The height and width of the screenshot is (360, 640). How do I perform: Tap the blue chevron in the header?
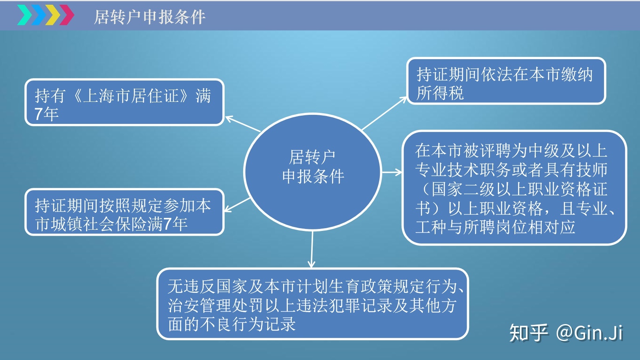pos(39,15)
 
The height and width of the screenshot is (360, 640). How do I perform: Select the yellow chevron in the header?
pos(53,15)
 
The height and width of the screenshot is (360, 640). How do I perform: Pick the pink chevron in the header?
pos(67,15)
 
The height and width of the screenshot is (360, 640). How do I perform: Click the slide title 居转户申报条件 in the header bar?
pos(150,17)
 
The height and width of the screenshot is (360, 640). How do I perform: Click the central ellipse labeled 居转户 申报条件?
pos(313,172)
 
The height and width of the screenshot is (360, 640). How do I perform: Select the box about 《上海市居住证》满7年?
pos(125,102)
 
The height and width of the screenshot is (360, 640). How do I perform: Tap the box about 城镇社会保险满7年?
pos(125,212)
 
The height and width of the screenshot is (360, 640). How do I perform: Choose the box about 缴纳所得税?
pos(506,81)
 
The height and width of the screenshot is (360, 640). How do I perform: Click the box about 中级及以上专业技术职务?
pos(514,188)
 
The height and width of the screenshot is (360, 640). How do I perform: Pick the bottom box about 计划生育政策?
pos(313,304)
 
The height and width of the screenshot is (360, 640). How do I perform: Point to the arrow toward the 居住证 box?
pos(243,124)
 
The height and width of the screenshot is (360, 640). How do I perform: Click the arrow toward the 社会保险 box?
pos(237,204)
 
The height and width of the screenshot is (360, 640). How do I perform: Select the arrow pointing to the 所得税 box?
pos(384,113)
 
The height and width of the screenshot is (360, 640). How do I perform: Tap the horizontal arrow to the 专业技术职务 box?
pos(392,172)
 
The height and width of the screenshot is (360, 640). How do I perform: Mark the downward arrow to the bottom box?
pos(312,249)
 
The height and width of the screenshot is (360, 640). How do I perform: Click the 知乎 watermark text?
pos(529,333)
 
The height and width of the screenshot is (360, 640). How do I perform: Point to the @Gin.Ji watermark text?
pos(589,333)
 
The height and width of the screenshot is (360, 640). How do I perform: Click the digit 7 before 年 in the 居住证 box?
pos(39,114)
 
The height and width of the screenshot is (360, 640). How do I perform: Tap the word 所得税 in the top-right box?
pos(440,93)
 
